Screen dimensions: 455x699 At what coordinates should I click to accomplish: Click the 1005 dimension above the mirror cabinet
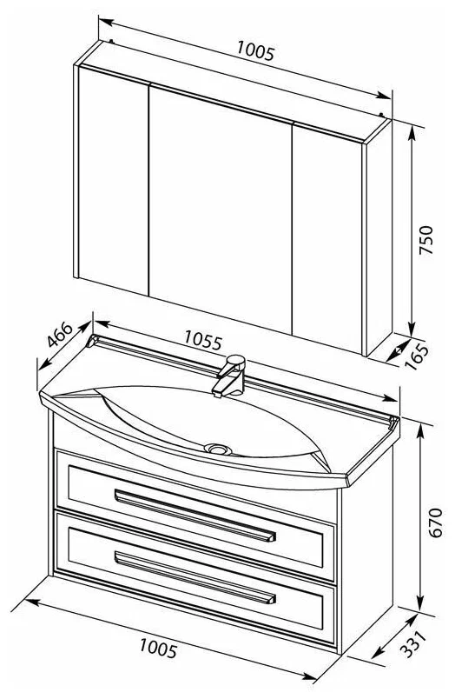pyautogui.click(x=255, y=50)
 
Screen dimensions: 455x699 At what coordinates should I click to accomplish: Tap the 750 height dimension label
pyautogui.click(x=426, y=240)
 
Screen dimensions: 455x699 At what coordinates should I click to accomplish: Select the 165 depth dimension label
pyautogui.click(x=418, y=356)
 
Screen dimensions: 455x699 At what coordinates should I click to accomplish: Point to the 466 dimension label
pyautogui.click(x=60, y=335)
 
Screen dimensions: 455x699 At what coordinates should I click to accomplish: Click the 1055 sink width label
pyautogui.click(x=202, y=340)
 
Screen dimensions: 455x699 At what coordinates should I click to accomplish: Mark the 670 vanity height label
pyautogui.click(x=435, y=523)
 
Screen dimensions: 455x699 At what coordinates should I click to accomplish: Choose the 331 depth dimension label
pyautogui.click(x=413, y=643)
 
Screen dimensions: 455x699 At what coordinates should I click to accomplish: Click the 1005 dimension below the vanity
pyautogui.click(x=159, y=648)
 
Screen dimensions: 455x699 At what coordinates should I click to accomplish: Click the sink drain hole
pyautogui.click(x=218, y=449)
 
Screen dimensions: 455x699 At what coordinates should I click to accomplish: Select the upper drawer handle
pyautogui.click(x=195, y=516)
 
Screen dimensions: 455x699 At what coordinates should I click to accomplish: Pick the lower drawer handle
pyautogui.click(x=195, y=578)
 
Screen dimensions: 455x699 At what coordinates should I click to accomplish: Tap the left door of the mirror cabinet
pyautogui.click(x=113, y=180)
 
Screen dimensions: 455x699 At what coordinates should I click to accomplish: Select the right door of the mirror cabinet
pyautogui.click(x=327, y=238)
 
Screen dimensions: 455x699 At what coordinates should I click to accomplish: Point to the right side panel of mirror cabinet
pyautogui.click(x=379, y=237)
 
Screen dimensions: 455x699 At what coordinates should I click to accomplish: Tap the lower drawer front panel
pyautogui.click(x=195, y=579)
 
